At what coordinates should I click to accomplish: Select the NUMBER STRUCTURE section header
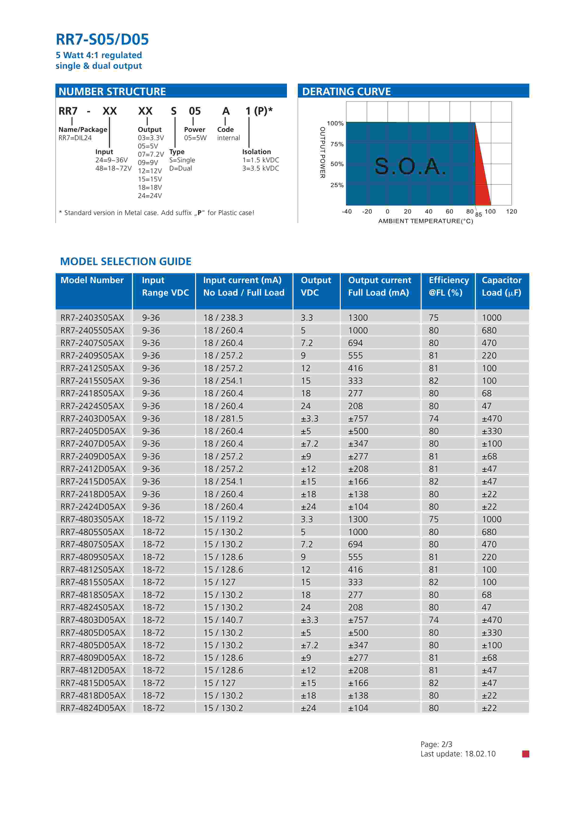tap(112, 92)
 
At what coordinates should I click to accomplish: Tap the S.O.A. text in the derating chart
tap(410, 166)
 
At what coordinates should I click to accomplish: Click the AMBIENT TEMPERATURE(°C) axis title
tap(425, 221)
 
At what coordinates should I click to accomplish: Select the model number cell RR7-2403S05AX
tap(92, 318)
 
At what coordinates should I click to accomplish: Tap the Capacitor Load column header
tap(501, 286)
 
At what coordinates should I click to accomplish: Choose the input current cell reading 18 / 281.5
tap(223, 419)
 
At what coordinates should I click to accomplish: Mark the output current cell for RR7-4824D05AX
tap(358, 708)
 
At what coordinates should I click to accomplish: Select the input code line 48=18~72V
tap(114, 168)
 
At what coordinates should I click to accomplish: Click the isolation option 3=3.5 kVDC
tap(261, 168)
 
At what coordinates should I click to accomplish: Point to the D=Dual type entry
tap(181, 168)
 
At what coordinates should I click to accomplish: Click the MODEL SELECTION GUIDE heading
tap(126, 261)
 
